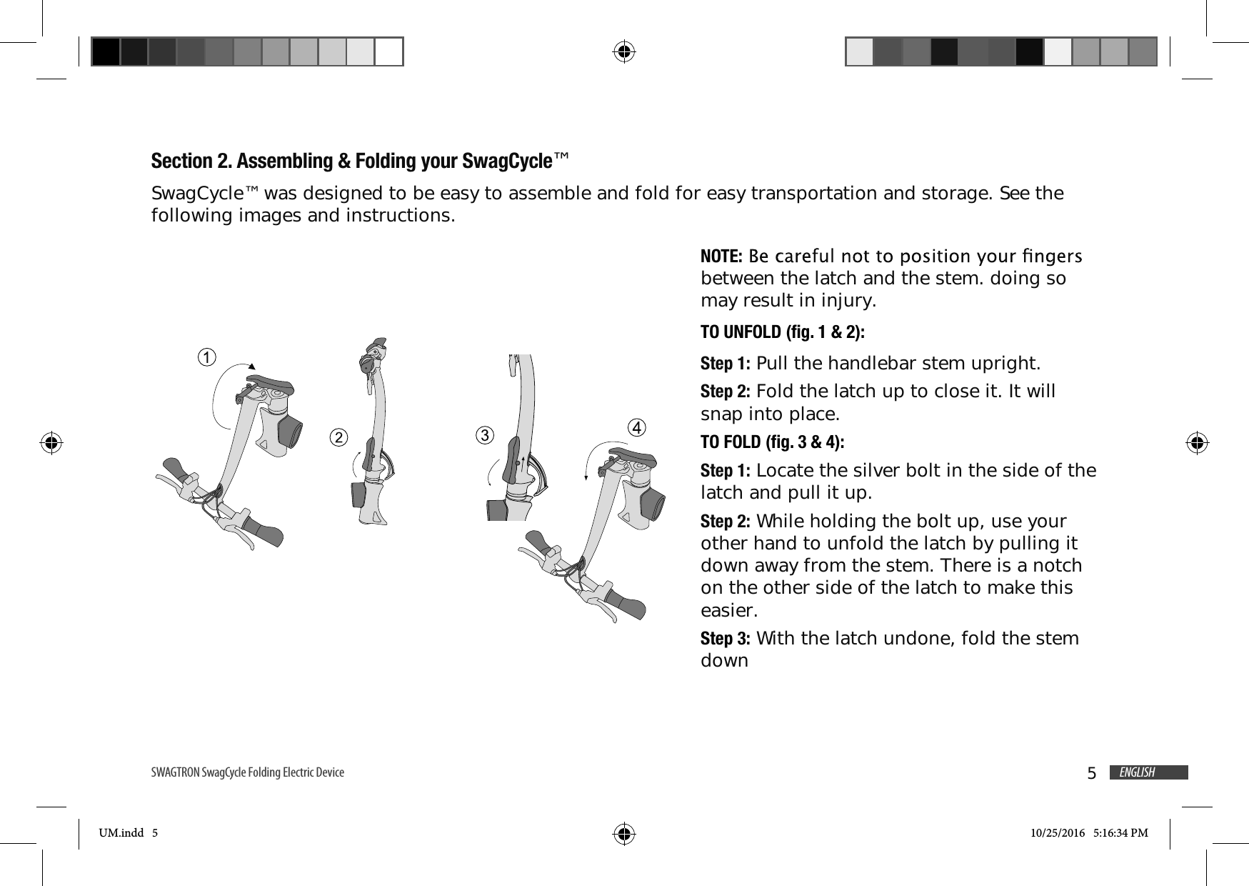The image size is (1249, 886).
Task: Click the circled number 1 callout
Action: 207,357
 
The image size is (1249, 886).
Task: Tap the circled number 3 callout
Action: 485,434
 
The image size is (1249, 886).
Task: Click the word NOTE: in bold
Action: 722,256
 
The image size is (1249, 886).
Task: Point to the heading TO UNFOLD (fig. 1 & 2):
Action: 782,333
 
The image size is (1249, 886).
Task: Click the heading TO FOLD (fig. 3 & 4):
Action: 772,442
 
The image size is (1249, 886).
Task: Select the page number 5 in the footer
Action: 1091,774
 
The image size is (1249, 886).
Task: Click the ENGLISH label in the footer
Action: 1137,772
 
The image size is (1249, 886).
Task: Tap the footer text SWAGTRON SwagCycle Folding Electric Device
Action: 247,772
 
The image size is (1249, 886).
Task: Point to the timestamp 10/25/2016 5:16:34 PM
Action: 1089,832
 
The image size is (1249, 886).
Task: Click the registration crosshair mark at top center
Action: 624,51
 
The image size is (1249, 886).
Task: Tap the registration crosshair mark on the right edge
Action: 1197,443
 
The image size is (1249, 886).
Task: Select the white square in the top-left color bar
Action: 389,51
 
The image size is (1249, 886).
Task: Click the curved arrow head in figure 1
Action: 251,365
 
